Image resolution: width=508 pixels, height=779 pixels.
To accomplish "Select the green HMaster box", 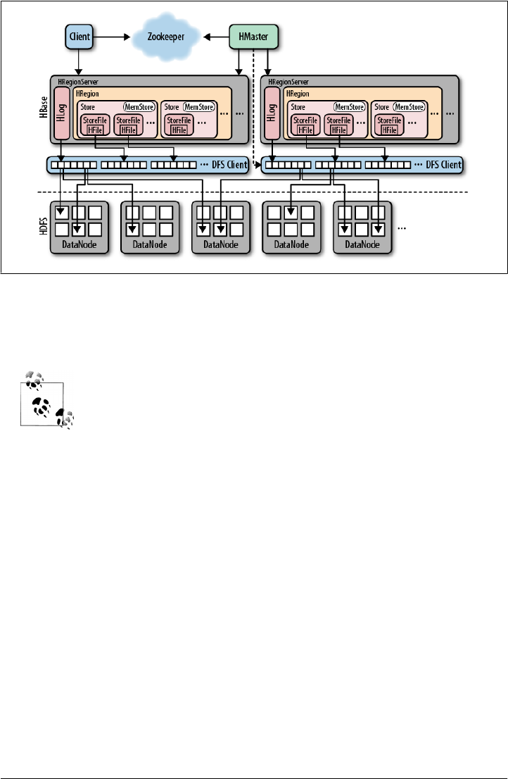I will click(253, 35).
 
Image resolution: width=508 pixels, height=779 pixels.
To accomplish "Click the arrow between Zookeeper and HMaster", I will click(215, 35).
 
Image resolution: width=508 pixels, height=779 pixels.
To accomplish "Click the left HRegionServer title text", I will click(80, 82).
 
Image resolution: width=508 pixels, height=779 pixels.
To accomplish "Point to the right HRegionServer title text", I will click(290, 82).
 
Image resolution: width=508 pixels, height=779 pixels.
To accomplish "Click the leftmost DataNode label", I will click(78, 245).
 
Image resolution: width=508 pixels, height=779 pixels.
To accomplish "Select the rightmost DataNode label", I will click(361, 245).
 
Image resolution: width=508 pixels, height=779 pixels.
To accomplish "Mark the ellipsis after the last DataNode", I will click(402, 229).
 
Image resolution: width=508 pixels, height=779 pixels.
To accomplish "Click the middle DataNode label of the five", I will click(220, 245).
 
